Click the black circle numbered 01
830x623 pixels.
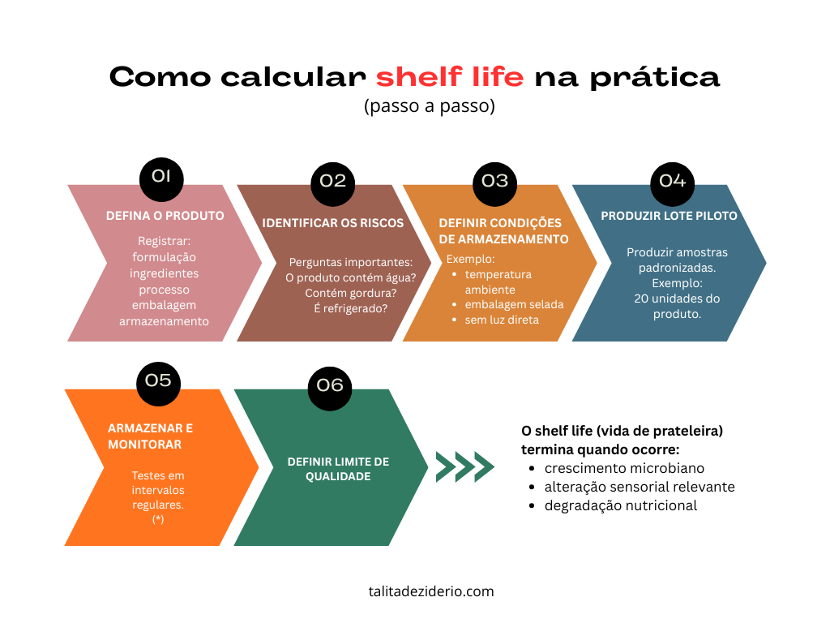pos(161,179)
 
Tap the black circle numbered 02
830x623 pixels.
pos(333,184)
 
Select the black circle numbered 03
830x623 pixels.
pos(495,184)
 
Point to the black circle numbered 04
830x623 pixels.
pos(672,184)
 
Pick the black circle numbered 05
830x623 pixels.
pos(158,384)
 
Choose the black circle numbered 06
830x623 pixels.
pos(330,389)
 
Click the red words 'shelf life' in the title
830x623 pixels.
pos(450,77)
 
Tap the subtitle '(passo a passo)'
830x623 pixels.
pos(430,106)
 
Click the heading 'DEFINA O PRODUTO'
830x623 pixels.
pos(165,216)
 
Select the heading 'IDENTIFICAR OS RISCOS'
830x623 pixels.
pos(333,223)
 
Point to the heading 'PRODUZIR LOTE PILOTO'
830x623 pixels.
pos(669,216)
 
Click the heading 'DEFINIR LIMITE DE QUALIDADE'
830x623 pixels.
pos(338,469)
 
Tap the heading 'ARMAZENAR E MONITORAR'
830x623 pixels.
pos(150,436)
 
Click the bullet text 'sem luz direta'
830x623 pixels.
pos(502,320)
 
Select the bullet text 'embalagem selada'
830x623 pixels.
pos(515,305)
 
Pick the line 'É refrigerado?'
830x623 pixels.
pos(350,308)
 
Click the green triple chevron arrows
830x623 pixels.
pos(464,466)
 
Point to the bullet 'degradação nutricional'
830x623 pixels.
pos(621,505)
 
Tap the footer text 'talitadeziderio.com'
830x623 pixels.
pos(431,591)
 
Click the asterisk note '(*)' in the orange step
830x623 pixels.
pos(158,519)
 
